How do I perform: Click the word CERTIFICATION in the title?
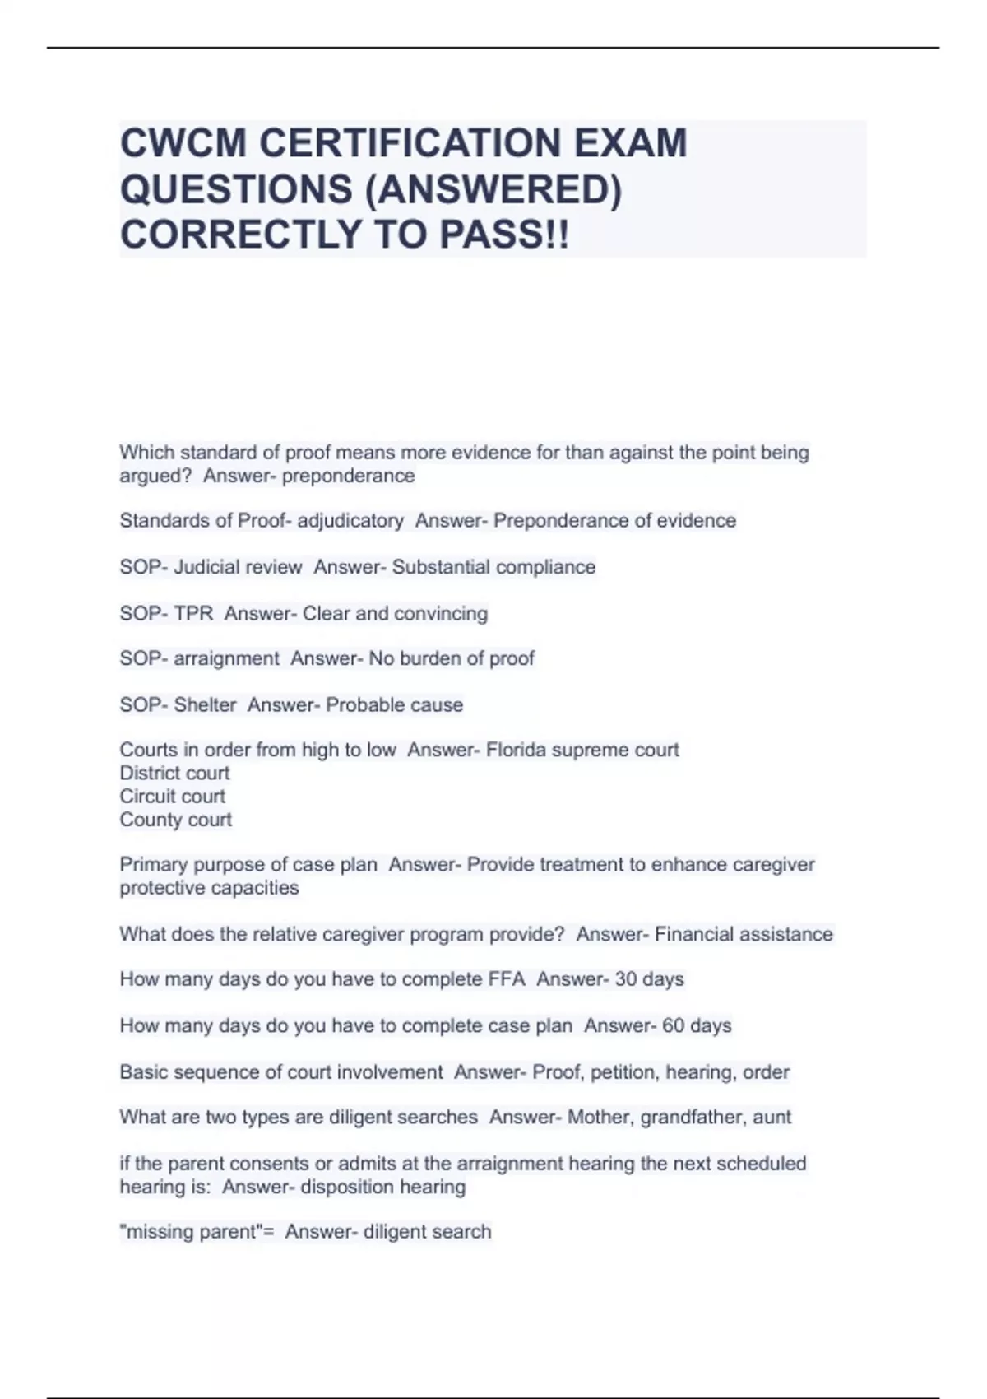click(410, 143)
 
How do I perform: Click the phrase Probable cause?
click(395, 704)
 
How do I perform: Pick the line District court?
click(174, 773)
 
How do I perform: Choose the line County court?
click(175, 820)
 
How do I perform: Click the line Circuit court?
click(172, 796)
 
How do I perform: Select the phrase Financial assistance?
click(744, 934)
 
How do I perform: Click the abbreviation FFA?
click(507, 979)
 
